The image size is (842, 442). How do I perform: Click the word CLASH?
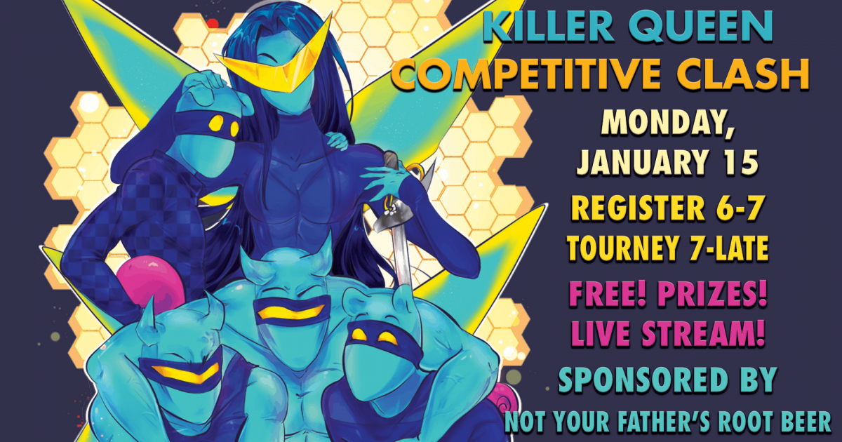(743, 74)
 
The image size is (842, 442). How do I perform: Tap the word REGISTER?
(638, 208)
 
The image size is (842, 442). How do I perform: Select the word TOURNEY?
(623, 248)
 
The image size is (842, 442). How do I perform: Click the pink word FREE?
(608, 293)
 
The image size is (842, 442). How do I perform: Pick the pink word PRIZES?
(712, 293)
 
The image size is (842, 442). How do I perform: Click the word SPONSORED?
(643, 380)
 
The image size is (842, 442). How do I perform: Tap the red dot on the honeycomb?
(213, 24)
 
